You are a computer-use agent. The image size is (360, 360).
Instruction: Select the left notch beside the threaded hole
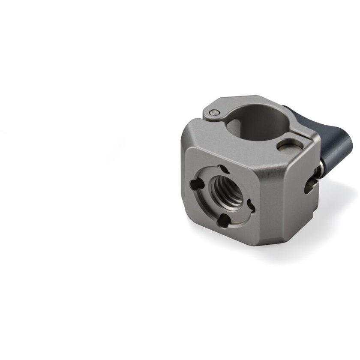click(x=195, y=185)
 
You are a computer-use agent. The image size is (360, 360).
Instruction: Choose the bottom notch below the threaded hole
click(x=224, y=221)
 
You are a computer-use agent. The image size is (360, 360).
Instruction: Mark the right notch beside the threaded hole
click(x=250, y=206)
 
